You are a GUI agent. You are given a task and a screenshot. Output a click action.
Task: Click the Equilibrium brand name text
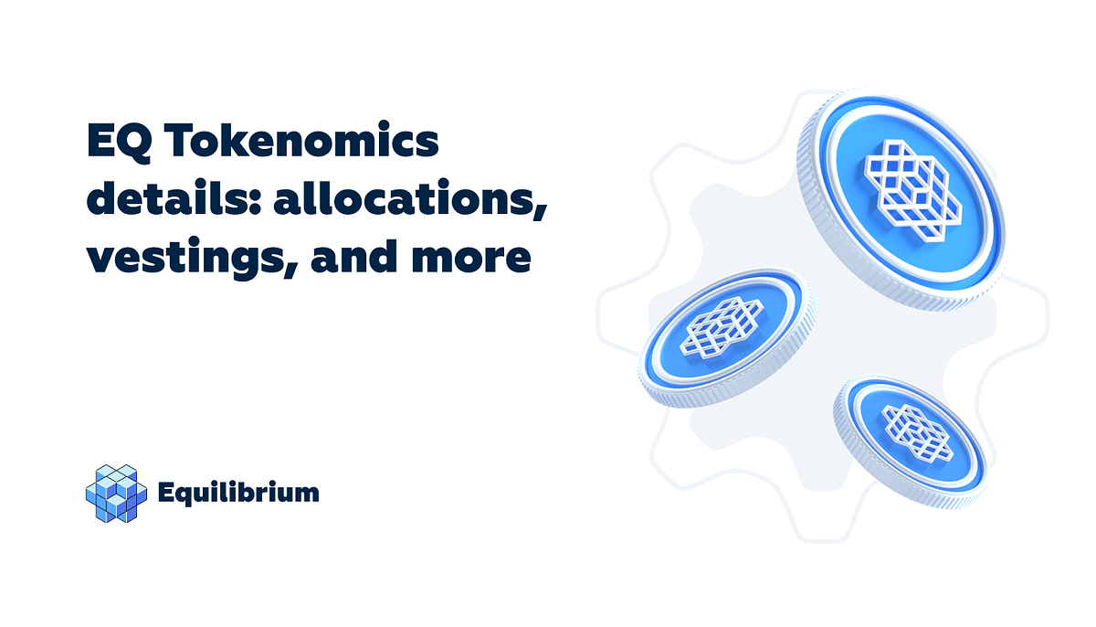click(237, 494)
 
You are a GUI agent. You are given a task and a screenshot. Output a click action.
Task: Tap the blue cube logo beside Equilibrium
click(116, 494)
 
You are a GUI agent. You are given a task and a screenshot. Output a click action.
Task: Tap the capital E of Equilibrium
click(165, 494)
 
